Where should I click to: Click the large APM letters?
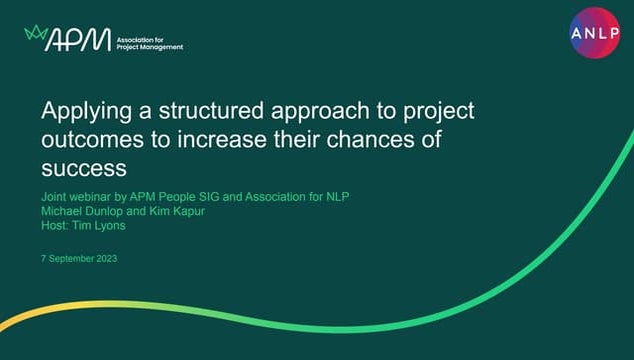pos(76,38)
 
